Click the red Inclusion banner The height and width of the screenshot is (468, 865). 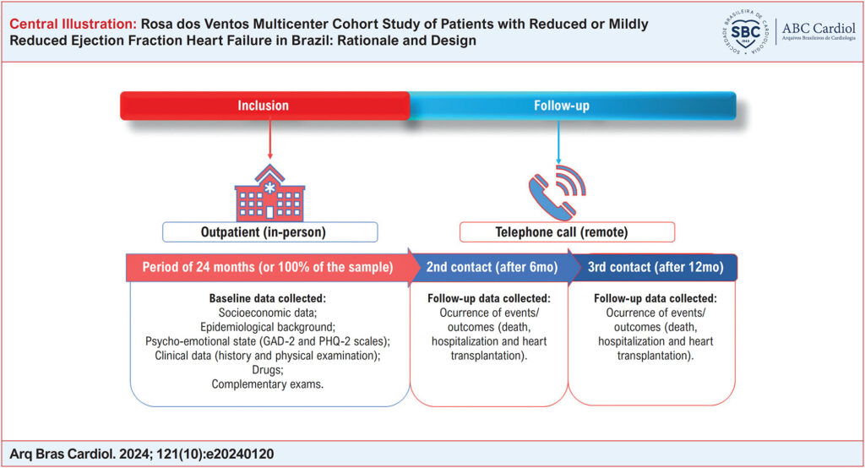tap(264, 106)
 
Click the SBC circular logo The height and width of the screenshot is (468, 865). tap(746, 33)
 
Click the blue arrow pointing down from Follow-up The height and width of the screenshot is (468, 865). tap(558, 142)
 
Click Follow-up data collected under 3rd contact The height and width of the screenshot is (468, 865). tap(656, 299)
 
